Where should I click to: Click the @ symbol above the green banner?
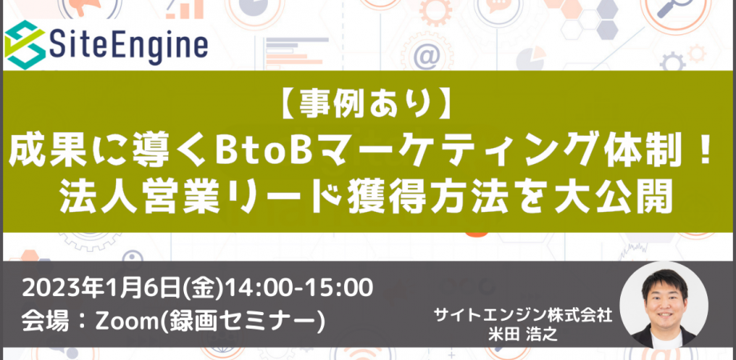426,57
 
